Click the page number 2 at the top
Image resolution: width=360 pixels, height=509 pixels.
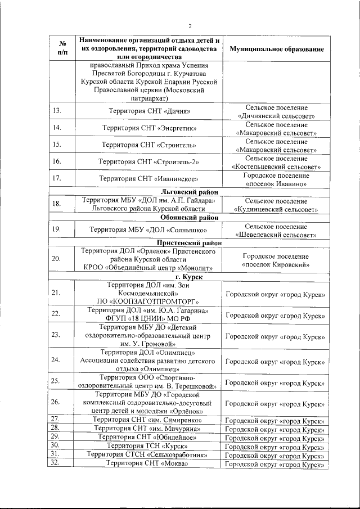pyautogui.click(x=190, y=26)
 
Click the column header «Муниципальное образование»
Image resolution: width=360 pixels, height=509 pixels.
pyautogui.click(x=276, y=49)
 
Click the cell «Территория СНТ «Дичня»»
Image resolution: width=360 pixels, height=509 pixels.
pyautogui.click(x=149, y=111)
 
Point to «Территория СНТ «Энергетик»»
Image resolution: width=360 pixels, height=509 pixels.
pyautogui.click(x=149, y=128)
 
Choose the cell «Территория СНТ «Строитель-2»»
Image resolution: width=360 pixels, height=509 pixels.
pyautogui.click(x=149, y=162)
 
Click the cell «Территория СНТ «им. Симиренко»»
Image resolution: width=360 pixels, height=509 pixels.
pyautogui.click(x=148, y=420)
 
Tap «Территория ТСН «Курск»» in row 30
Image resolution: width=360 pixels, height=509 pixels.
pyautogui.click(x=148, y=445)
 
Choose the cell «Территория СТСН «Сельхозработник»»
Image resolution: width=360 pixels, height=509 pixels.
pyautogui.click(x=148, y=454)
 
